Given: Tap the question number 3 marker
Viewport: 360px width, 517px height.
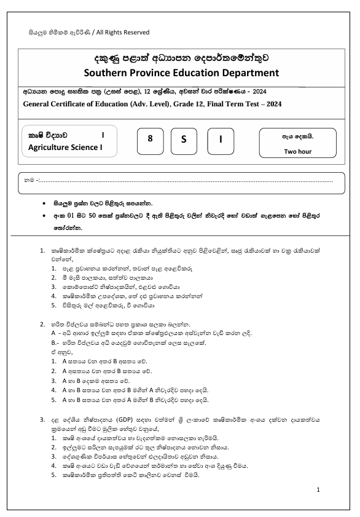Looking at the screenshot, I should pos(42,419).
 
